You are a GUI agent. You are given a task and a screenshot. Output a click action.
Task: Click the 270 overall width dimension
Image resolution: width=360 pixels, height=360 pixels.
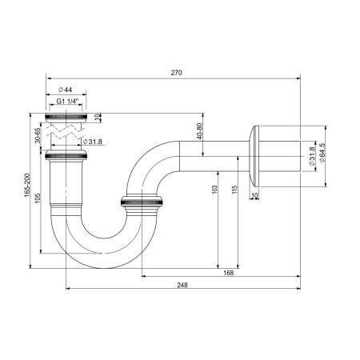[177, 74]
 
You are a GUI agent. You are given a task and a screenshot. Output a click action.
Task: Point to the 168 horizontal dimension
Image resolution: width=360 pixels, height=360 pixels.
[229, 273]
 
